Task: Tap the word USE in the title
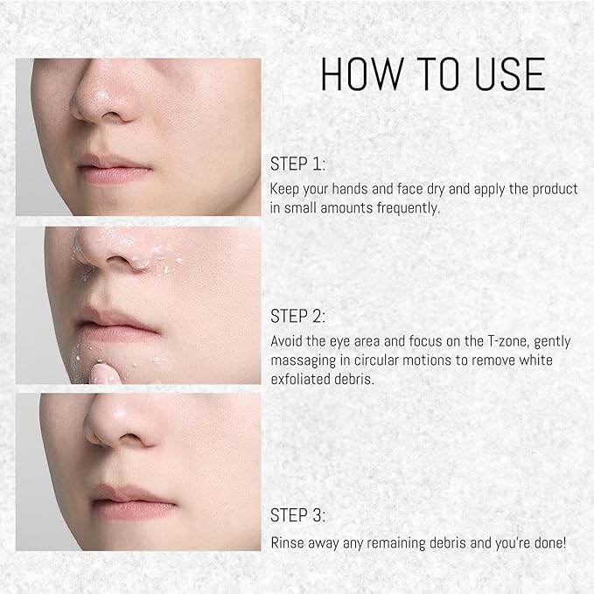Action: pyautogui.click(x=510, y=73)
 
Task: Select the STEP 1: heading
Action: pyautogui.click(x=297, y=164)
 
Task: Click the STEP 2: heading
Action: pyautogui.click(x=297, y=316)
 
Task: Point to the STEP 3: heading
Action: pyautogui.click(x=297, y=515)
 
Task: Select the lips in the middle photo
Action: pyautogui.click(x=117, y=323)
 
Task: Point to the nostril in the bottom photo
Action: pyautogui.click(x=130, y=438)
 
